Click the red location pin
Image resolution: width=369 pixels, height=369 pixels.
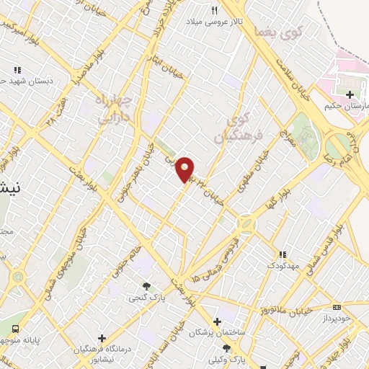[185, 170]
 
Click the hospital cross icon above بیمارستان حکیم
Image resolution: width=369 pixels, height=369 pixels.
[350, 94]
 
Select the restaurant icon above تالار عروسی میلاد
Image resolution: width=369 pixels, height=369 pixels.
[214, 10]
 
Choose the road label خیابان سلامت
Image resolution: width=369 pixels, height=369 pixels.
[301, 79]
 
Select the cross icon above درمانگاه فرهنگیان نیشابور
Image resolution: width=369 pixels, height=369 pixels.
[102, 337]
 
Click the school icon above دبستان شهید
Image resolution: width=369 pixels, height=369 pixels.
[16, 71]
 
